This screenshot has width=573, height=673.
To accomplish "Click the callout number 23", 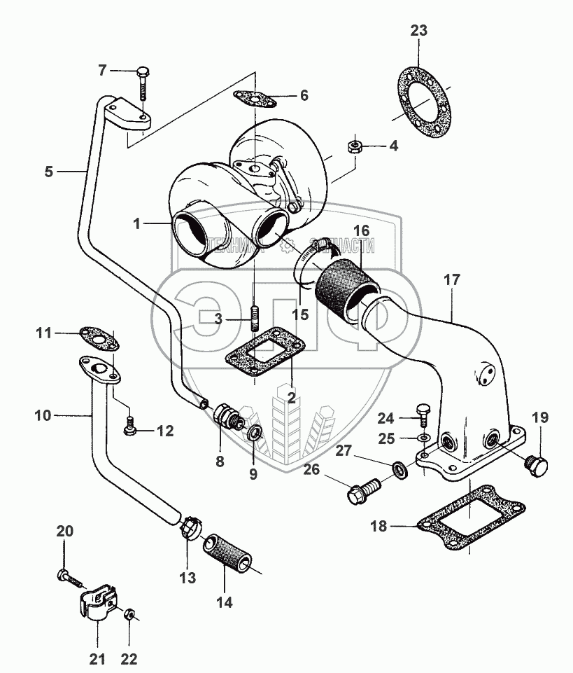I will tap(418, 31).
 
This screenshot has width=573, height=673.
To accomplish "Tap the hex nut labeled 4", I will tap(354, 146).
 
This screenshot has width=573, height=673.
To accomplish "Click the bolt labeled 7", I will tap(143, 83).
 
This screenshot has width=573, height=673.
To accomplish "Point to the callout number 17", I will tap(452, 279).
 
